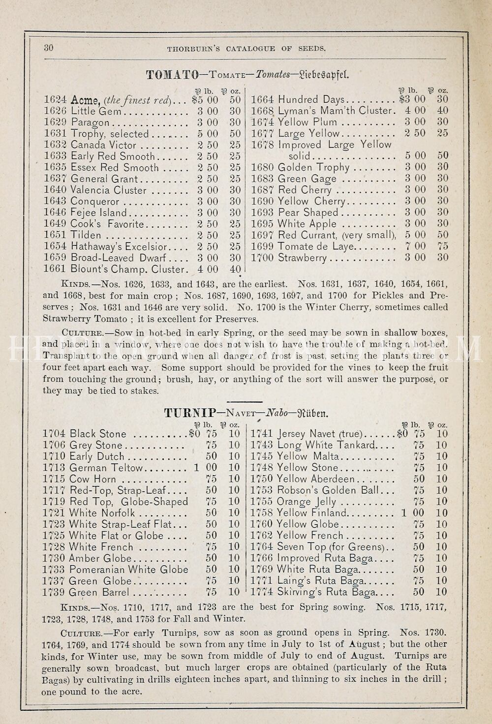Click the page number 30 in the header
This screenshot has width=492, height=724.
pyautogui.click(x=48, y=48)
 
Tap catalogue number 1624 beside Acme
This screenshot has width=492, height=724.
pyautogui.click(x=55, y=100)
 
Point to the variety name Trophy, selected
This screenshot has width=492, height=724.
pyautogui.click(x=110, y=134)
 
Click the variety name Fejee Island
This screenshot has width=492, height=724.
pyautogui.click(x=98, y=212)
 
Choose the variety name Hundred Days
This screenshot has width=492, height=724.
pyautogui.click(x=311, y=100)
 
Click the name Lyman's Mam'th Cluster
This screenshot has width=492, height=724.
pyautogui.click(x=337, y=111)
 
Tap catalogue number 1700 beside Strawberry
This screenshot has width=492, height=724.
pyautogui.click(x=263, y=258)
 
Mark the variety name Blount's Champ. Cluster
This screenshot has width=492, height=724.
pyautogui.click(x=130, y=269)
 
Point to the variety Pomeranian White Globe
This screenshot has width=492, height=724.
pyautogui.click(x=128, y=570)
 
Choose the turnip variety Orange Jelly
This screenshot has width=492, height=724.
pyautogui.click(x=307, y=502)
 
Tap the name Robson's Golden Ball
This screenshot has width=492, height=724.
pyautogui.click(x=328, y=490)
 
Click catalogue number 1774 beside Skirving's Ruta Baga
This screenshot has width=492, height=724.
pyautogui.click(x=262, y=592)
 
